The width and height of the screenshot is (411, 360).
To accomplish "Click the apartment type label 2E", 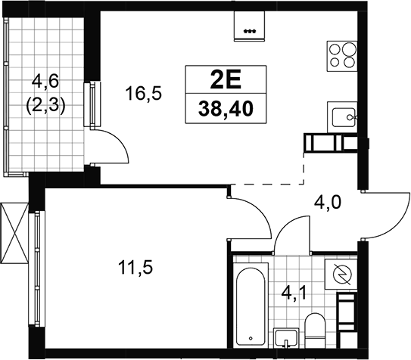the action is (x=226, y=79).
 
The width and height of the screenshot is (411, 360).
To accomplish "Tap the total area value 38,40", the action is (x=226, y=109).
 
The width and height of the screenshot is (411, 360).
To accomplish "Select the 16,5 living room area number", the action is (x=143, y=93).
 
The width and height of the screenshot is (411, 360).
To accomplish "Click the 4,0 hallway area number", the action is (x=328, y=203).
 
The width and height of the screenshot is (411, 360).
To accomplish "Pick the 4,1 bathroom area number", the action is (x=294, y=293).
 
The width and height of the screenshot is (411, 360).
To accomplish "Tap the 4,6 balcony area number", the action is (x=45, y=82).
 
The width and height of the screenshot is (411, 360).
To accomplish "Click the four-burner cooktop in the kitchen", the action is (x=342, y=56).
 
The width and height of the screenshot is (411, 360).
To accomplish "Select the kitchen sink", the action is (x=342, y=117).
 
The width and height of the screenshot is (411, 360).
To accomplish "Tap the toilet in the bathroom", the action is (x=315, y=328).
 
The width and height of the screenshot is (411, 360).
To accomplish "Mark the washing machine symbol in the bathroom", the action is (x=341, y=274).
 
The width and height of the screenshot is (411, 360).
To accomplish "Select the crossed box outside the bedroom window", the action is (x=14, y=232).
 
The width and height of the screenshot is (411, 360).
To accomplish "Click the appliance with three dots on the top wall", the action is (x=249, y=26).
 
